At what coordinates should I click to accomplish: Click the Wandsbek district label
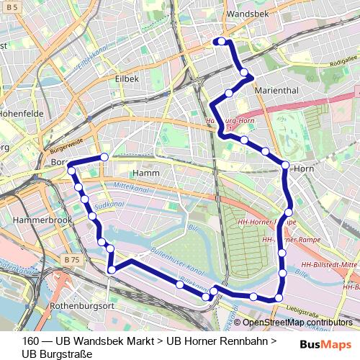coord(246,14)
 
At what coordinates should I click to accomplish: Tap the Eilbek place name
coord(127,78)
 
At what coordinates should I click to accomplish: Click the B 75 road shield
coord(71,259)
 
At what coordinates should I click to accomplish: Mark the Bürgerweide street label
coord(68,145)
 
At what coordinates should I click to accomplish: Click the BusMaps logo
coord(326,343)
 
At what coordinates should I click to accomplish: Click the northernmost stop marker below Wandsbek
coord(222,41)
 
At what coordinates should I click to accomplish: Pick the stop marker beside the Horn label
coord(285,166)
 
